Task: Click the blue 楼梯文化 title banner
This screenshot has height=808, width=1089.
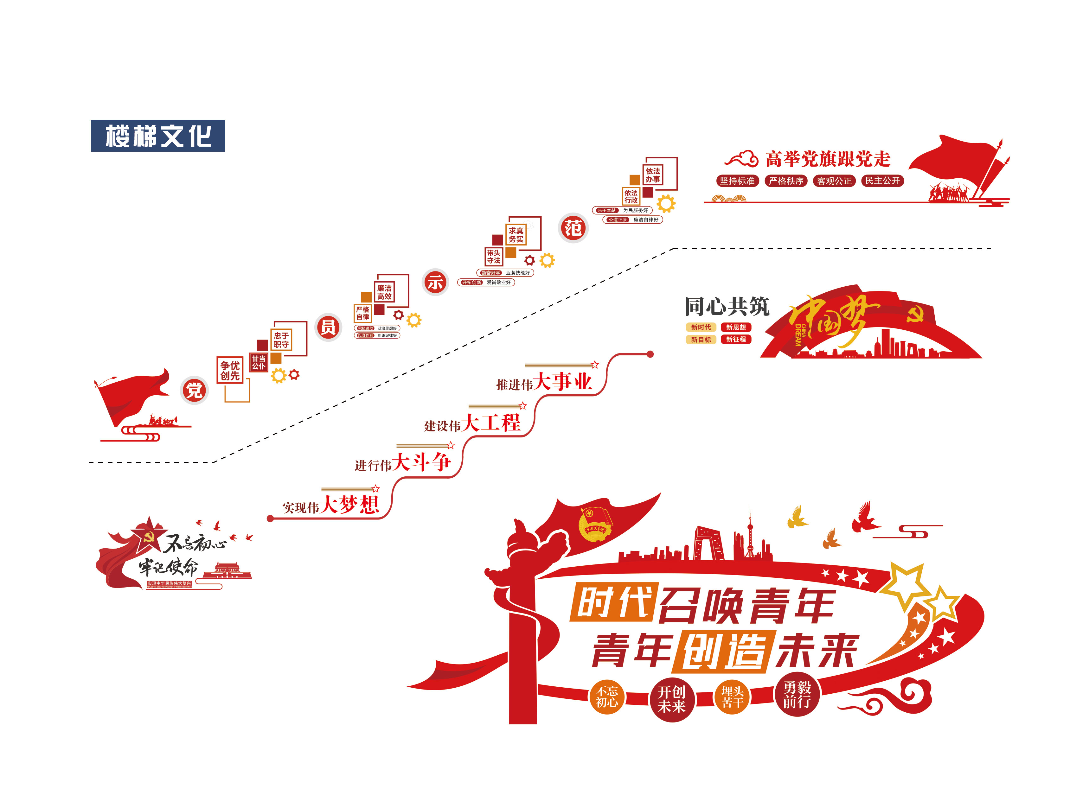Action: click(157, 136)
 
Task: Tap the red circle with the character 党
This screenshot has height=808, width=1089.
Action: click(194, 390)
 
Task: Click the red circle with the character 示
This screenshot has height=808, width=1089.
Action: click(435, 282)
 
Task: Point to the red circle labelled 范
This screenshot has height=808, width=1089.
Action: click(573, 228)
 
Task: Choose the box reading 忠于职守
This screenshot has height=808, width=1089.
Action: click(281, 340)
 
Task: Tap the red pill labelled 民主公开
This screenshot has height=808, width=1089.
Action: click(882, 181)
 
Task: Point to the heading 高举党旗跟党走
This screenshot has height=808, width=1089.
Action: click(827, 159)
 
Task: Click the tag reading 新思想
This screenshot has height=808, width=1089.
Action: click(736, 327)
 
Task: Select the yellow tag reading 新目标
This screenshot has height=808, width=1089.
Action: click(701, 340)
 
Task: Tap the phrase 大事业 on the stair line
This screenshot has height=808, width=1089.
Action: click(563, 381)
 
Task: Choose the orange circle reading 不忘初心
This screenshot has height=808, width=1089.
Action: click(607, 697)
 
